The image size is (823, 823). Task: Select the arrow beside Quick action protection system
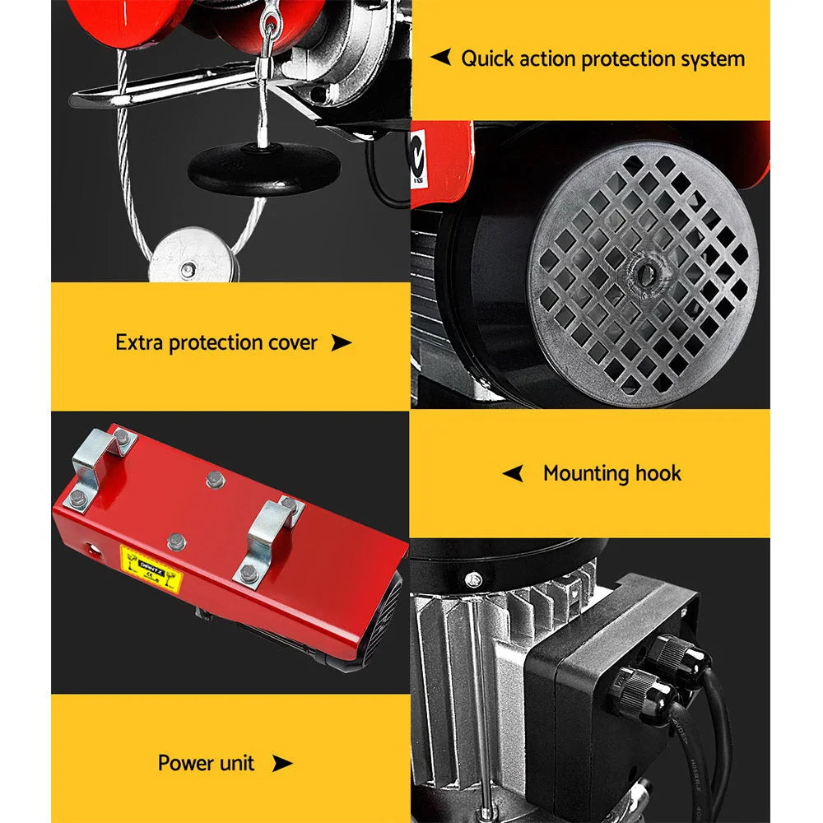(441, 57)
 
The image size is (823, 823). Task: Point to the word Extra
(139, 342)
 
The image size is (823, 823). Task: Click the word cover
(290, 342)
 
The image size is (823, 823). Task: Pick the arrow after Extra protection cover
(341, 343)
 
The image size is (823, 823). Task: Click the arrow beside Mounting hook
(513, 473)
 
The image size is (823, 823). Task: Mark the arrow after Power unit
(282, 764)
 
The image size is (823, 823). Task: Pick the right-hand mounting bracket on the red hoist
(268, 539)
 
